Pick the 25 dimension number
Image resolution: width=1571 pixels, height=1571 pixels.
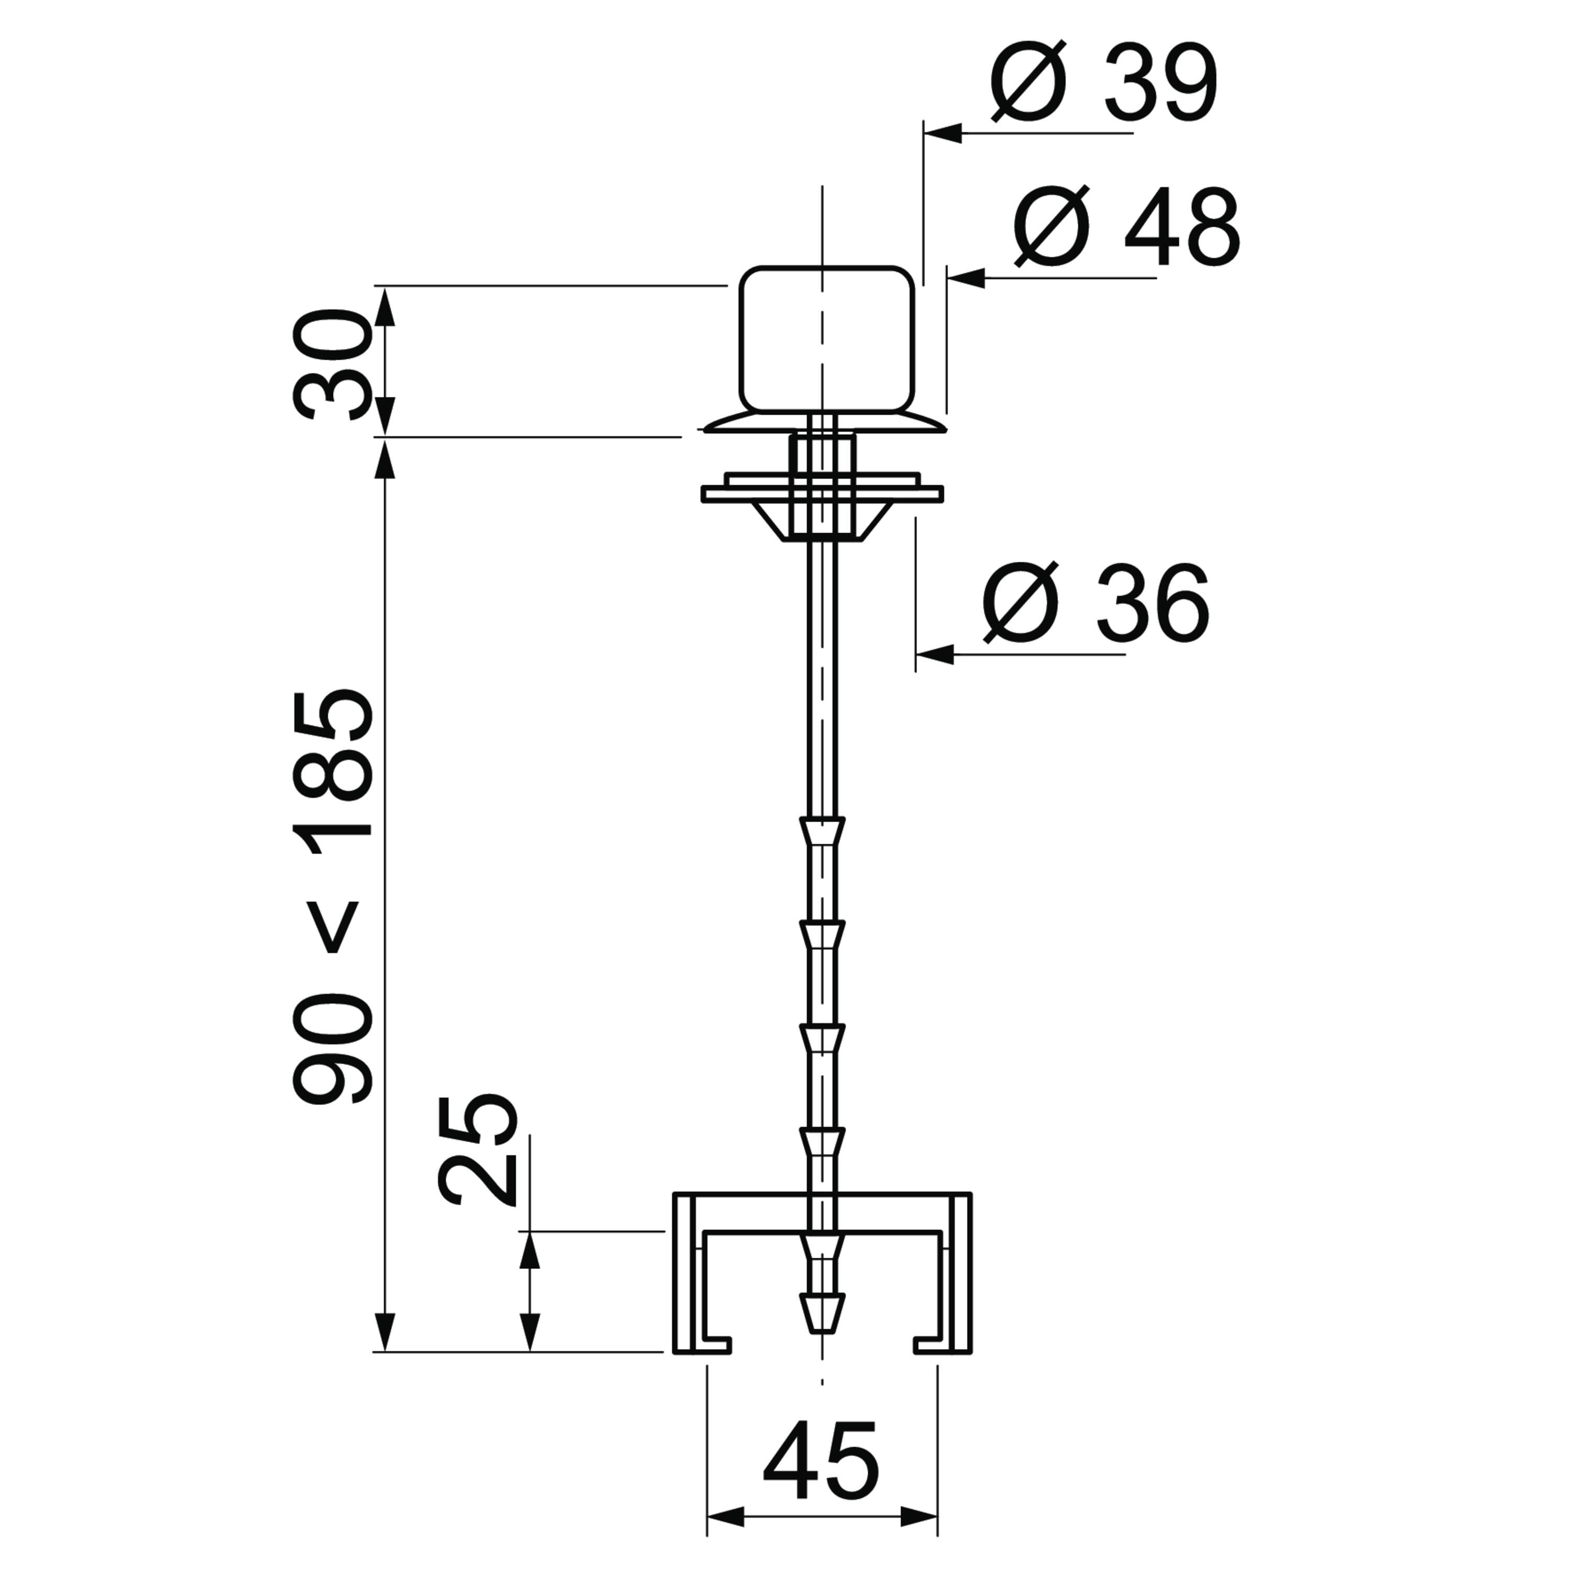pyautogui.click(x=477, y=1149)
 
